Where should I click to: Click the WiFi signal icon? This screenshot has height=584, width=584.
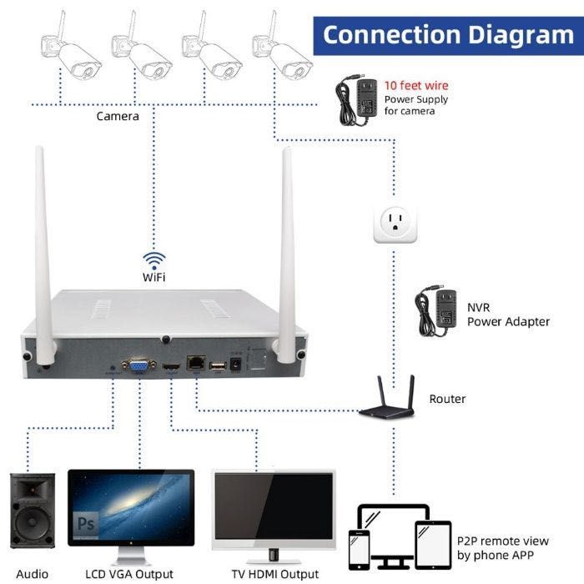coord(154,259)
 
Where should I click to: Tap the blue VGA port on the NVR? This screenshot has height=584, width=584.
coord(138,364)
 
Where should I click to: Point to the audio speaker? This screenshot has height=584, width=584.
coord(33,511)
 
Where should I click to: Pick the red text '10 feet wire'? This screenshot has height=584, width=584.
coord(415,86)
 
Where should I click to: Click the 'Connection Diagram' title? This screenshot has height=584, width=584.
coord(448,35)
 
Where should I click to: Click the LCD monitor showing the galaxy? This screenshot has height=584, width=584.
coord(131,506)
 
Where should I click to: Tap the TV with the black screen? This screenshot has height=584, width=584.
coord(274,506)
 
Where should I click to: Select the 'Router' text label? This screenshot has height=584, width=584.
coord(447,400)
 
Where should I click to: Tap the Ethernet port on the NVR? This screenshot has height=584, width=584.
coord(196,364)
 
